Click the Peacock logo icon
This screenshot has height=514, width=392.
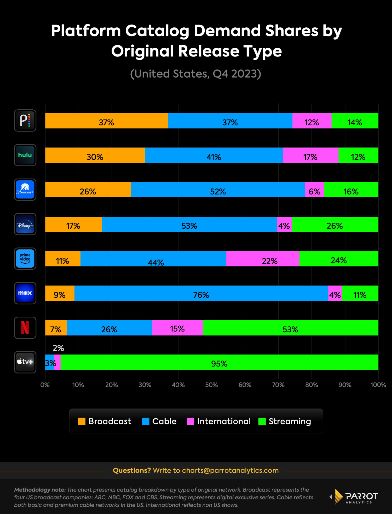(x=25, y=120)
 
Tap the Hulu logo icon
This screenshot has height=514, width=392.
(x=25, y=155)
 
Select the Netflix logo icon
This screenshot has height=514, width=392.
(x=25, y=328)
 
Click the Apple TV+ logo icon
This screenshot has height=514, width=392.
(x=25, y=362)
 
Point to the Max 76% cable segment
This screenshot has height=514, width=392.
(x=201, y=293)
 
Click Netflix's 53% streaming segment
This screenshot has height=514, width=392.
(x=290, y=328)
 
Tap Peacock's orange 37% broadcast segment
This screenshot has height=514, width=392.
(x=106, y=121)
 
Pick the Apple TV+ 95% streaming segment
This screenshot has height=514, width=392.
(x=219, y=362)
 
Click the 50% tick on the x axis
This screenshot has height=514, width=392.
(x=211, y=385)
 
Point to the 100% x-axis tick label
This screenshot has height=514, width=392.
(x=378, y=385)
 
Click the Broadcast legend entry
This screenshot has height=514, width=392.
(x=105, y=421)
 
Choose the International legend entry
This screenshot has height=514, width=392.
(x=219, y=421)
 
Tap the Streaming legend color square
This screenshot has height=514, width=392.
(x=262, y=421)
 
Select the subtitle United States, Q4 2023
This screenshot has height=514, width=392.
(x=195, y=74)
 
